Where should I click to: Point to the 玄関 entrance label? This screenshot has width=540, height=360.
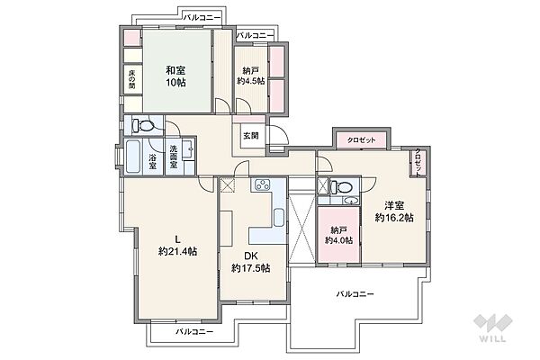(x=250, y=136)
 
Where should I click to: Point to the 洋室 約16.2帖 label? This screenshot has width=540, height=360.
(x=394, y=211)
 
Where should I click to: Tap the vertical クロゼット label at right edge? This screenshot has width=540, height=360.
(x=419, y=162)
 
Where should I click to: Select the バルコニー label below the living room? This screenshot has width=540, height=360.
(x=194, y=331)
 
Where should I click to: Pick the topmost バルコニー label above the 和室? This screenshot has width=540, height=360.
(x=202, y=17)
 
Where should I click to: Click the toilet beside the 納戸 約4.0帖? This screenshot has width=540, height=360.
(x=336, y=188)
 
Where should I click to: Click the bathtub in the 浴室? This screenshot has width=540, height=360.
(x=135, y=159)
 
